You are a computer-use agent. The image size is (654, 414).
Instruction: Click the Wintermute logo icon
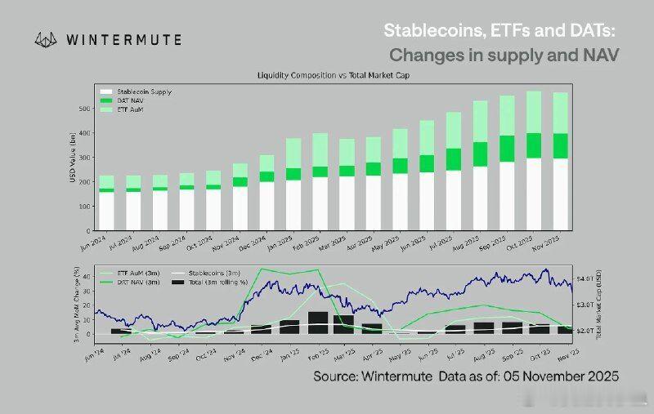point(45,38)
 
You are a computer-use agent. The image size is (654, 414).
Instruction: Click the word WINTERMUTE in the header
point(122,38)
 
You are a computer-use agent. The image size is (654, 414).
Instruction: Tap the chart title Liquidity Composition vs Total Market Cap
point(333,75)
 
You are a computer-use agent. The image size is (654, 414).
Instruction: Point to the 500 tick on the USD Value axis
point(84,108)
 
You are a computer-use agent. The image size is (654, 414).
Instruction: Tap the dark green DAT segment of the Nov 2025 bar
point(560,145)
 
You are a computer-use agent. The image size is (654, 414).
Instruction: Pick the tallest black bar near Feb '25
point(318,323)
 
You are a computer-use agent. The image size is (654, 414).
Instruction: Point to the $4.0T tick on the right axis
point(586,279)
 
